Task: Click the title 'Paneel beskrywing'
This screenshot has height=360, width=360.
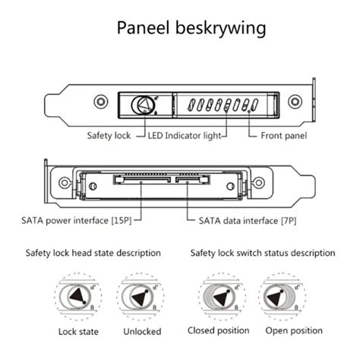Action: coord(191,28)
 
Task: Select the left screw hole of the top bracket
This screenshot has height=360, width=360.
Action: coord(99,101)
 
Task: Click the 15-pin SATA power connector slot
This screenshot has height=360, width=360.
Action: coord(141,180)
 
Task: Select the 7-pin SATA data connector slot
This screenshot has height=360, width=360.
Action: coord(193,180)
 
